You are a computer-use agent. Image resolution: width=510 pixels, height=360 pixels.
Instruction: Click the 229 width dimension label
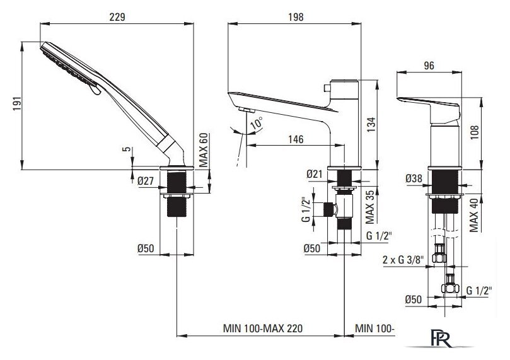[x=117, y=17]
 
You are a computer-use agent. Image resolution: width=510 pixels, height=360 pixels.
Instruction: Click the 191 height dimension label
[x=17, y=103]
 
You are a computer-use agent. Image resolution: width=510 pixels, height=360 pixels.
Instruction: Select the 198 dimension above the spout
[x=296, y=17]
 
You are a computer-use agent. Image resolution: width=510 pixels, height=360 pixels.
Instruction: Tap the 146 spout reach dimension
[x=296, y=139]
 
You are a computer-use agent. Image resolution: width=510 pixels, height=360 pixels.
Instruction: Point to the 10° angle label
[x=257, y=124]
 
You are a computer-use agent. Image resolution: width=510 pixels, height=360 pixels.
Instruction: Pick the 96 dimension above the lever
[x=429, y=66]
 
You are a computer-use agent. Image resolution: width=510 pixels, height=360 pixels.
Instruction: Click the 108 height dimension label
[x=475, y=132]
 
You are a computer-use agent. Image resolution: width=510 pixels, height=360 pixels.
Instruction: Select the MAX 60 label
[x=203, y=150]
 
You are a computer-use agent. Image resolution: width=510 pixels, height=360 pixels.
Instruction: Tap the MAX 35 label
[x=370, y=207]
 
